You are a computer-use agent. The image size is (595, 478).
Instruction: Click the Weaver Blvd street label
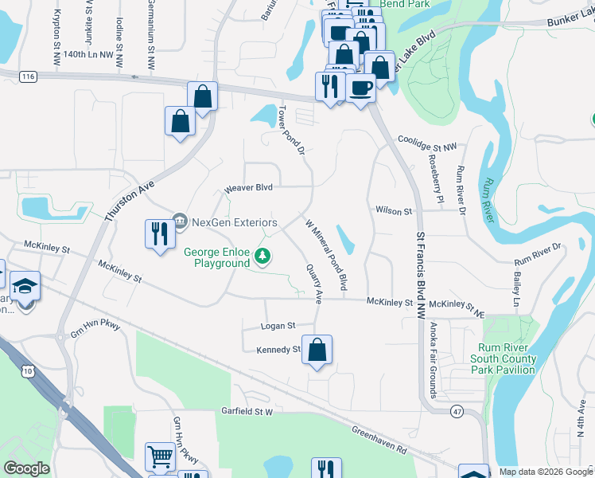pos(248,187)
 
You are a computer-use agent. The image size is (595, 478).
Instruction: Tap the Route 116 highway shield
pos(29,76)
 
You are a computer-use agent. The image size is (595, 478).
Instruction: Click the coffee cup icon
pos(360,88)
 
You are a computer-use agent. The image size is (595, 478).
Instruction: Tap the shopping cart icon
pos(160,457)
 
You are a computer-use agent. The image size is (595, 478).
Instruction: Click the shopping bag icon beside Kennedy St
pos(317,349)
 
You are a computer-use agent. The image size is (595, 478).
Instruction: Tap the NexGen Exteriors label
pos(233,221)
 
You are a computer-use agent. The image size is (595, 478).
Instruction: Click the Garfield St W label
pos(247,412)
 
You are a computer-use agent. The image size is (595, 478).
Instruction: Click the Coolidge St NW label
pos(428,147)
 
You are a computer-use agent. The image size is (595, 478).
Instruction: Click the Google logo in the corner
pos(26,468)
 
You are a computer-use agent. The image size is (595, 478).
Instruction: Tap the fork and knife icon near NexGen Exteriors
pos(160,233)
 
